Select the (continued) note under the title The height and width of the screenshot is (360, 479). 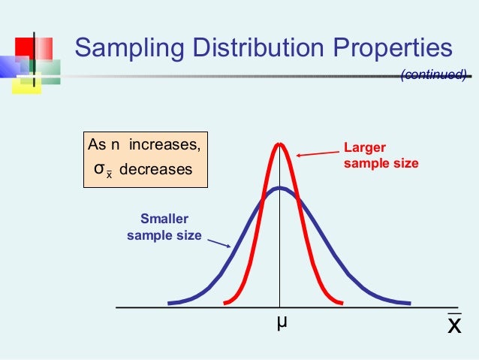pos(434,74)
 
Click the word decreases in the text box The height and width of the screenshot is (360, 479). pos(156,170)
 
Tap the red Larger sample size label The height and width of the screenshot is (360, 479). pos(381,155)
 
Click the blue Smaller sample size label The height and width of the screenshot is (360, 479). pos(164,227)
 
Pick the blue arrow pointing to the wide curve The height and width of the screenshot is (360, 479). pos(218,244)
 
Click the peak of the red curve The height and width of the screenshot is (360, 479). pos(280,144)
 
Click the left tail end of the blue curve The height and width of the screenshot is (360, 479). pos(170,303)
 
